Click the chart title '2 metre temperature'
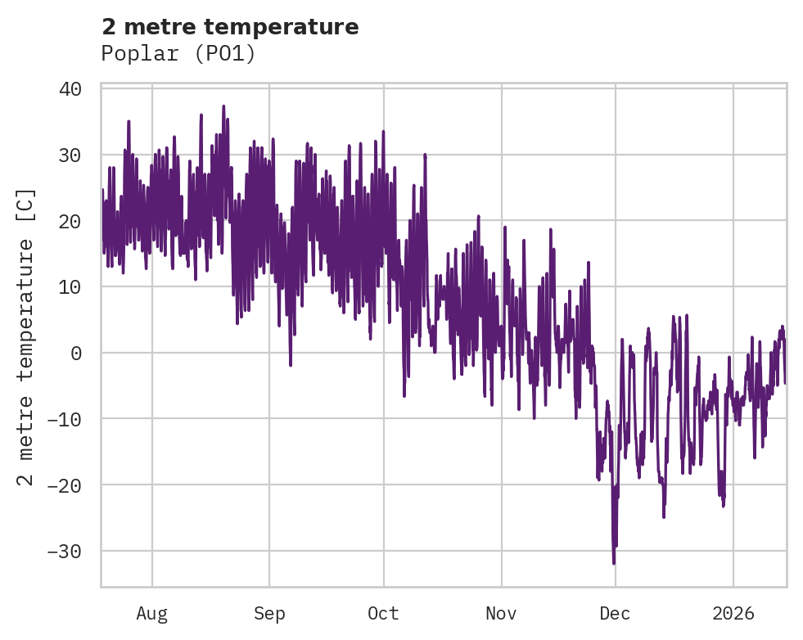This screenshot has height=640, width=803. pos(230,27)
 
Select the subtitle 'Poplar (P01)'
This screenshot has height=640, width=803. pos(178,54)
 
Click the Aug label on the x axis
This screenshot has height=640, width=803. pos(152,613)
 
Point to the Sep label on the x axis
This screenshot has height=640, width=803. pos(269,613)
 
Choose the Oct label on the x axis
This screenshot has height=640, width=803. pos(383,613)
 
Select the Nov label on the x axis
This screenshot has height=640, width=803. pos(501,613)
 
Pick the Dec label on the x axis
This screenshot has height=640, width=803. pos(615,613)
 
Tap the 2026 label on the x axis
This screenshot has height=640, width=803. pos(733,613)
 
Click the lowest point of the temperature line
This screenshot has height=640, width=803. pos(614,563)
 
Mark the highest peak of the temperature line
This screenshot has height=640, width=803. pos(223,106)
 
